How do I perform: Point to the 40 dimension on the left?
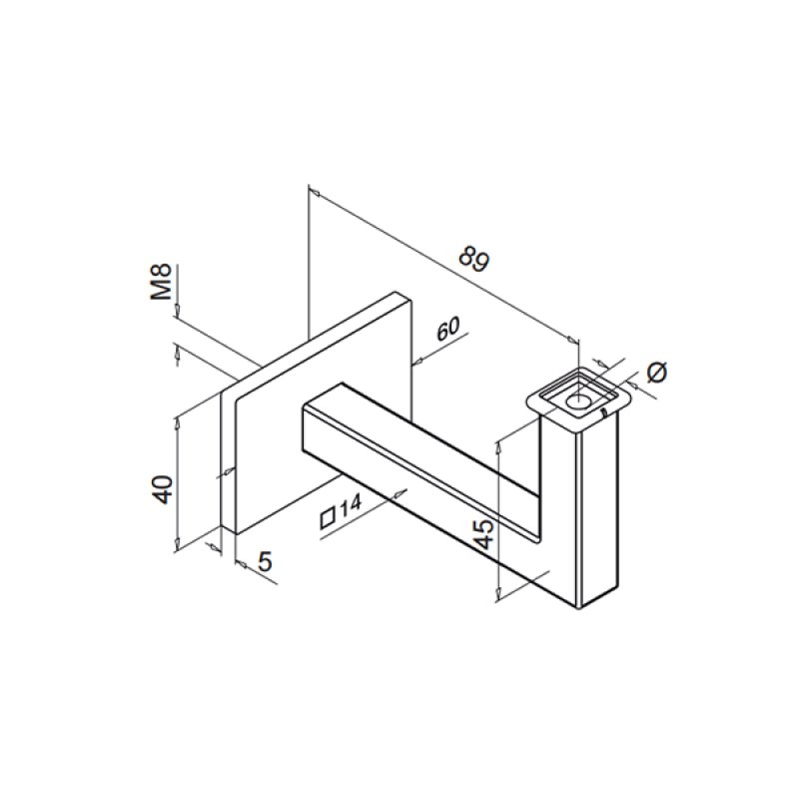[163, 488]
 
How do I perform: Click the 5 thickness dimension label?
[264, 562]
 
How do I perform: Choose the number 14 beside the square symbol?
[349, 508]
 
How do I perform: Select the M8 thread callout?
[162, 283]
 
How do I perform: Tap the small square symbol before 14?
[327, 517]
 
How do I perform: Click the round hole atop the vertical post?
[578, 400]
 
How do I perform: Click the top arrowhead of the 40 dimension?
[177, 419]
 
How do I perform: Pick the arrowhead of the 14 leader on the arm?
[401, 490]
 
